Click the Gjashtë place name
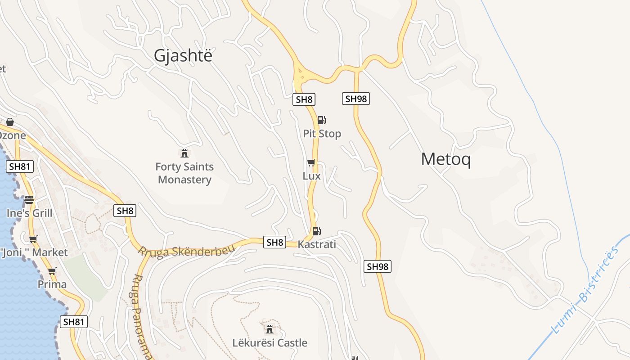tap(183, 55)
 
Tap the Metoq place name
tap(445, 159)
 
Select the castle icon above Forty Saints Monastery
tap(184, 153)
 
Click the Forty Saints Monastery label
tap(184, 173)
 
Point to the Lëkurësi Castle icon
tap(270, 328)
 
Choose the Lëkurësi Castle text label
tap(270, 343)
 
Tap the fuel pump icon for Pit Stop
tap(321, 120)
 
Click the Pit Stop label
tap(322, 134)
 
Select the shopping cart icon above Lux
tap(311, 162)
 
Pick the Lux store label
tap(311, 176)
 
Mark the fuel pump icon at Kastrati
tap(316, 231)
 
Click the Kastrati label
tap(317, 245)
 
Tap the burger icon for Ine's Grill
tap(29, 199)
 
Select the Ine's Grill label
tap(29, 213)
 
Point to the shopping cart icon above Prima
tap(52, 271)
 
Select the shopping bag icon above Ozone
tap(9, 122)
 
